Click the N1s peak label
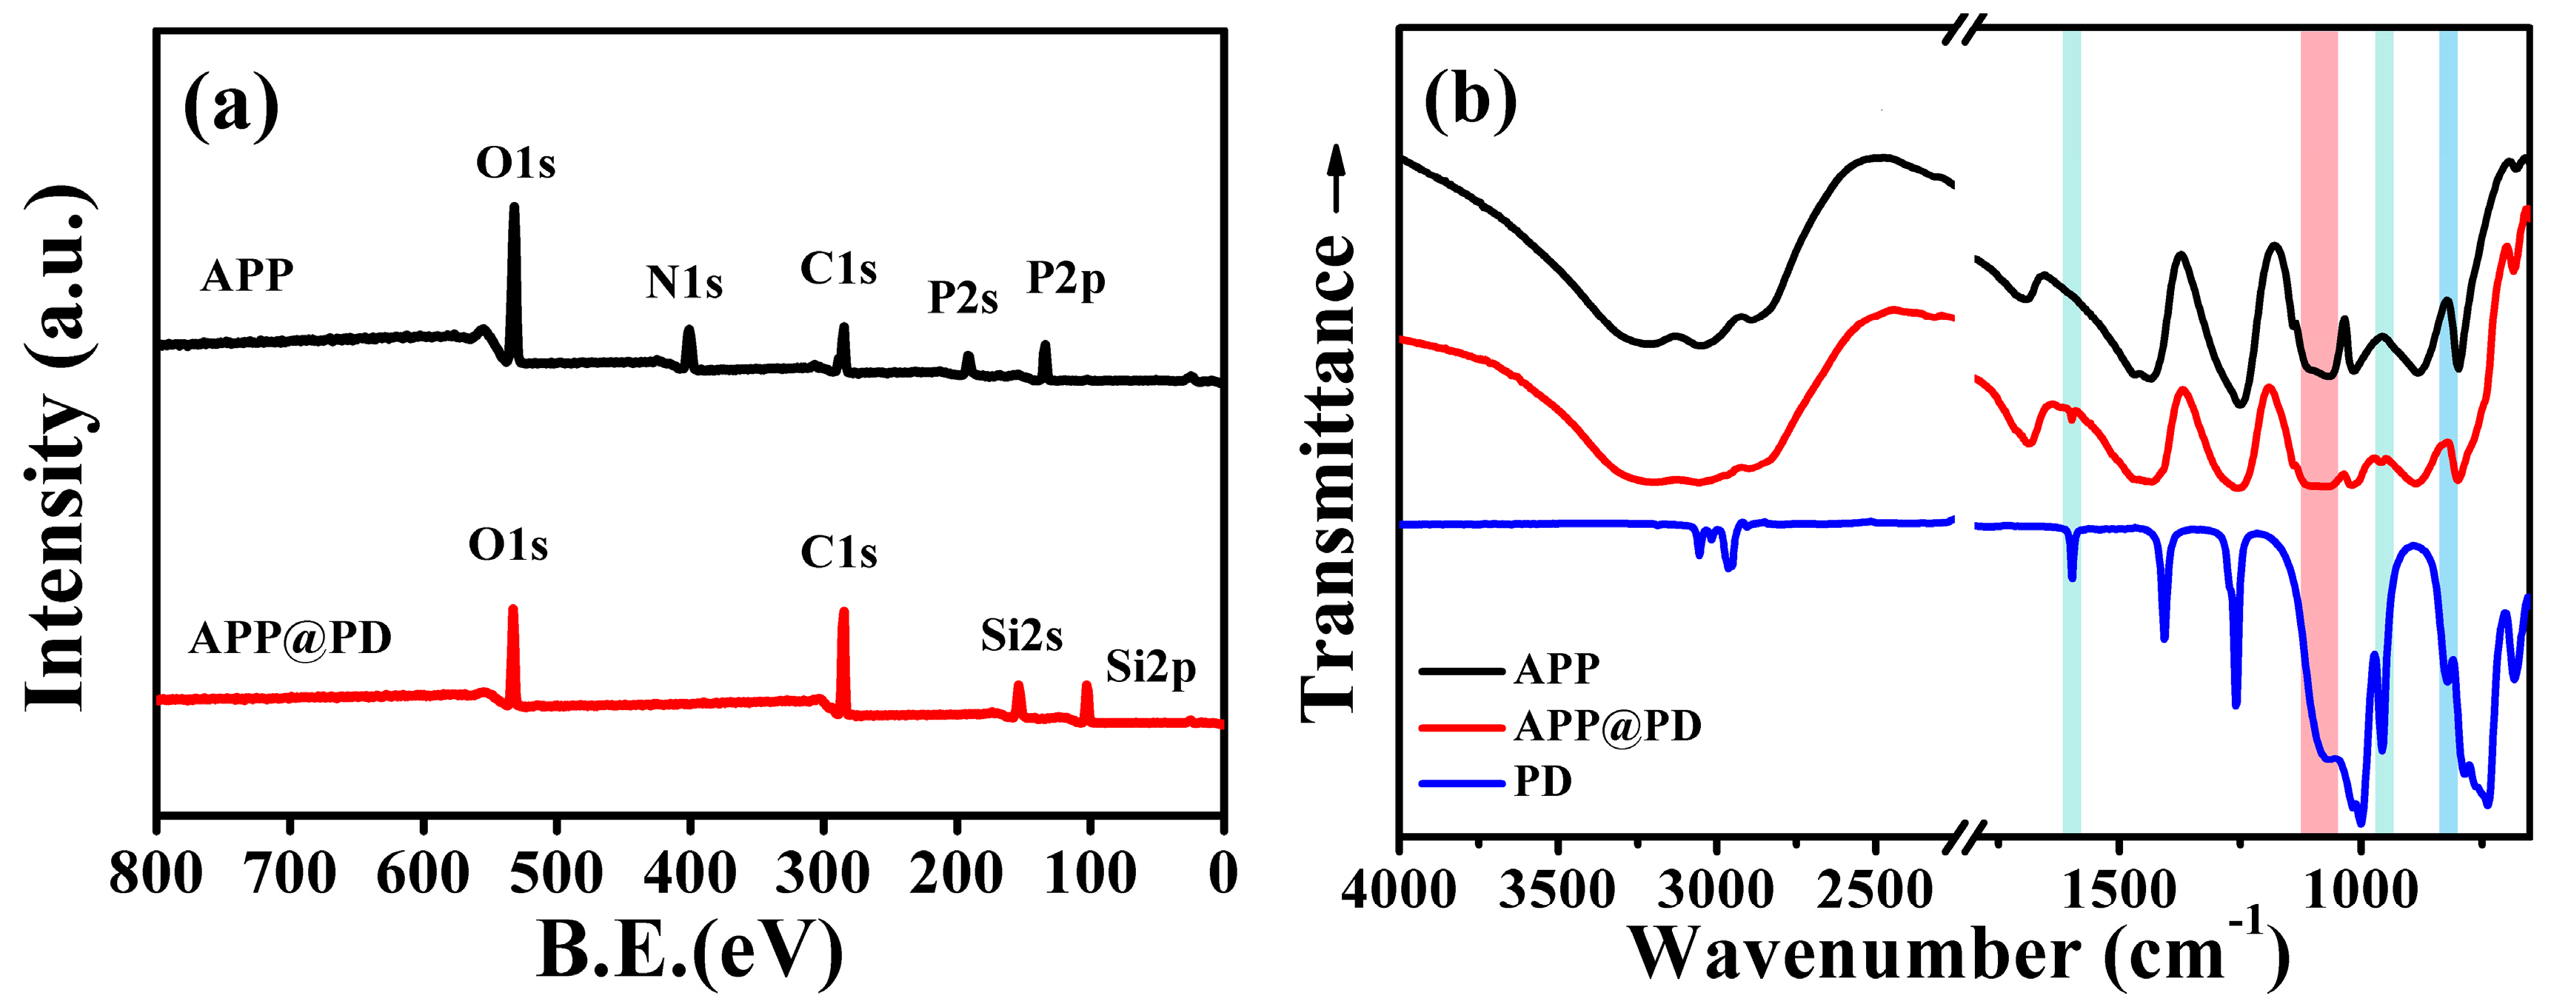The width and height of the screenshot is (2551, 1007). (684, 282)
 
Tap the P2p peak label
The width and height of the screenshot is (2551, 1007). (1066, 278)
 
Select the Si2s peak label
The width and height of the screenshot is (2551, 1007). (1021, 636)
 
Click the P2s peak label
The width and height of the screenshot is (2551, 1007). (962, 297)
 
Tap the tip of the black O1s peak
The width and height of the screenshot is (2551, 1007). (514, 207)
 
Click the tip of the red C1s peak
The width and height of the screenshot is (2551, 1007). (843, 611)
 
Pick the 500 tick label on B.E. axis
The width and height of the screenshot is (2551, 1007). (557, 873)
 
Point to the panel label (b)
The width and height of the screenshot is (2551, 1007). (1470, 99)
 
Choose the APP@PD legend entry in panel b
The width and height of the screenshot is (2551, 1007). (1606, 726)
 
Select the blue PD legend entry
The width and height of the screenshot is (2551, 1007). (1542, 781)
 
